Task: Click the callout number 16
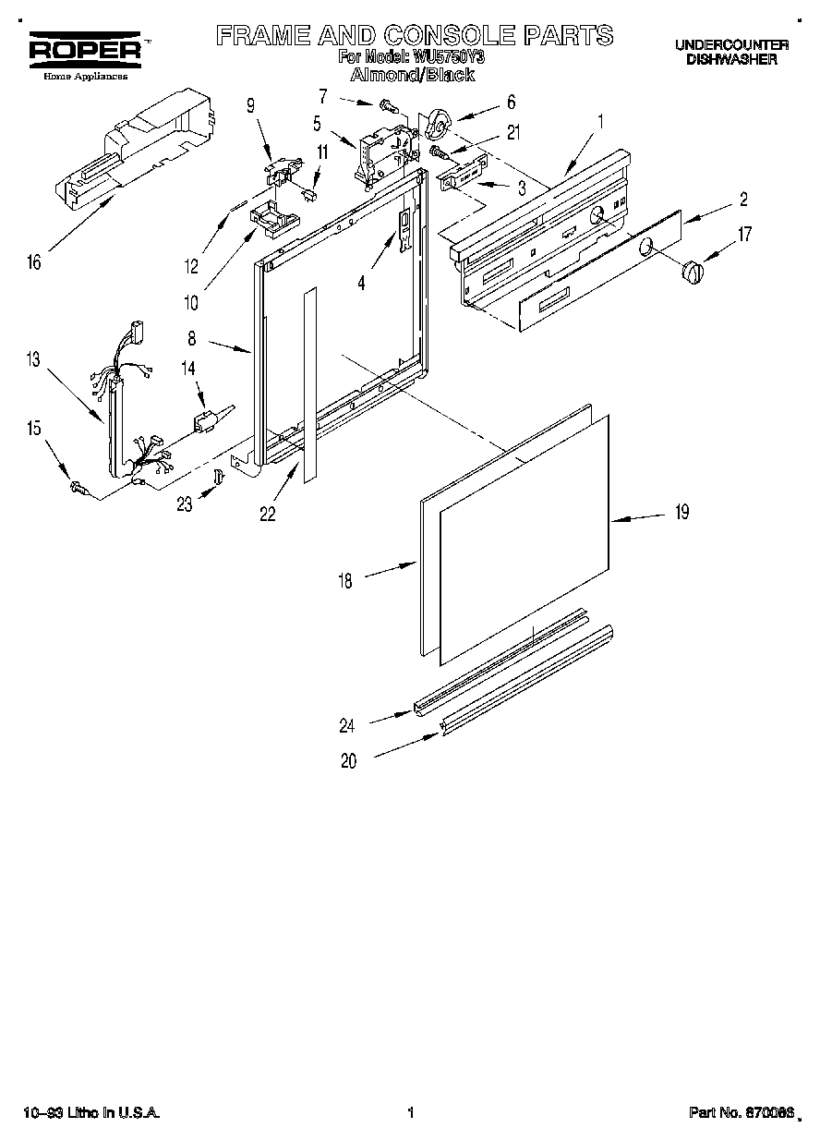[34, 263]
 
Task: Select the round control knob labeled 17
[693, 273]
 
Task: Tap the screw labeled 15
[78, 486]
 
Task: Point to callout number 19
[681, 512]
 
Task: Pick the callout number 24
[346, 726]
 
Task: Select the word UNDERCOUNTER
[730, 44]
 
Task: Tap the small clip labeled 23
[219, 475]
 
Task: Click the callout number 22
[268, 515]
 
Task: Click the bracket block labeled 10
[274, 218]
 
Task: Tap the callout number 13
[34, 360]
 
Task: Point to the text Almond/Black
[414, 75]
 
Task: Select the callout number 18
[344, 582]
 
